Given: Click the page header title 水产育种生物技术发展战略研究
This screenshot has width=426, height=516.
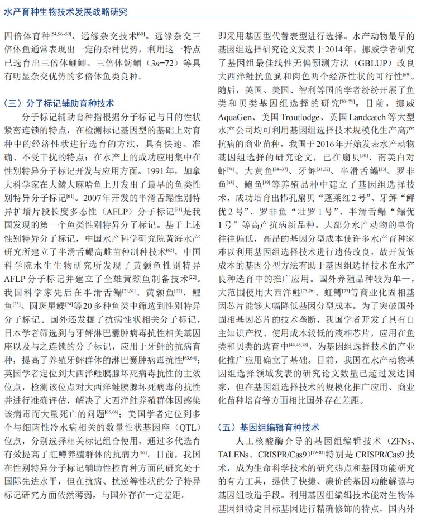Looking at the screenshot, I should pyautogui.click(x=65, y=11).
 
